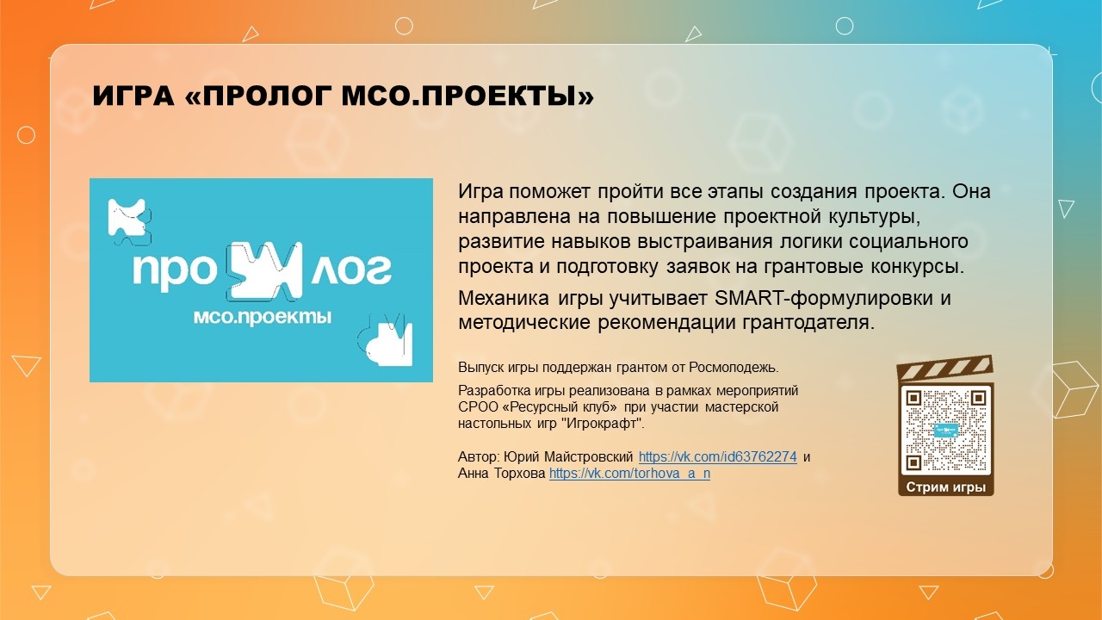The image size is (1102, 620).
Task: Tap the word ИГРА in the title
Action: [x=133, y=96]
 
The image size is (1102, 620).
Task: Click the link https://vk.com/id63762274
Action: [x=717, y=457]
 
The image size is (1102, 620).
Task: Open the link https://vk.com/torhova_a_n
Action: [x=629, y=474]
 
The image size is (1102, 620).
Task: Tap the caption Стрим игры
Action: [x=945, y=487]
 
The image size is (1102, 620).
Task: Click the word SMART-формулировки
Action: [x=824, y=298]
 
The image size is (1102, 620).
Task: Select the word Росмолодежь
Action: [x=734, y=368]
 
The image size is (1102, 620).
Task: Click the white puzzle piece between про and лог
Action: [x=263, y=271]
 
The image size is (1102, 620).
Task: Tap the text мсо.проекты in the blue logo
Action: [x=263, y=318]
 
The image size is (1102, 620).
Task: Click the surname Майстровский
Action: [x=588, y=457]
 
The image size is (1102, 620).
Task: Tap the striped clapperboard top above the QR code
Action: [x=945, y=368]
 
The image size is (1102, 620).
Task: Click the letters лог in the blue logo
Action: [x=350, y=270]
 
